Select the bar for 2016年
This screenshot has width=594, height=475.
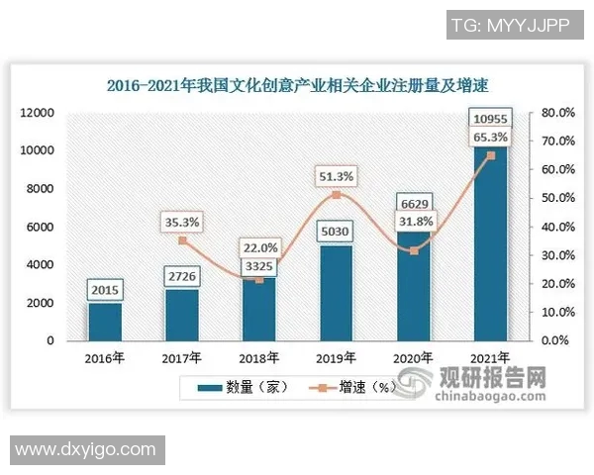(104, 322)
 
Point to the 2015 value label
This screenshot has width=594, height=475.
(104, 291)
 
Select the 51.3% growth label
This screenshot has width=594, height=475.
(336, 176)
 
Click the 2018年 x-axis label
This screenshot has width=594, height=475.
(259, 357)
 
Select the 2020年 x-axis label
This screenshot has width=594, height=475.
(414, 357)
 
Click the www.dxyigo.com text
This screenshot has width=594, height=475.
(85, 450)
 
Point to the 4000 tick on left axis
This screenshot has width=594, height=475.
(40, 265)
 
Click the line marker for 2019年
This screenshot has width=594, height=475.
(336, 195)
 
